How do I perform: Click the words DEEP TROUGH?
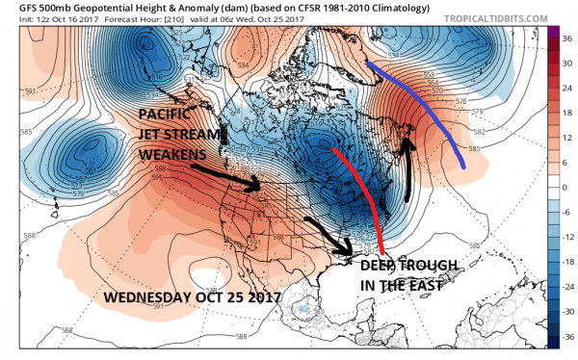[x=408, y=265]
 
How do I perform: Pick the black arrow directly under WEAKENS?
[x=226, y=177]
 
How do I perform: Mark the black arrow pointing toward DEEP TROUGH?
[x=328, y=233]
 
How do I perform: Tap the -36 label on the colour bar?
[x=567, y=338]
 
